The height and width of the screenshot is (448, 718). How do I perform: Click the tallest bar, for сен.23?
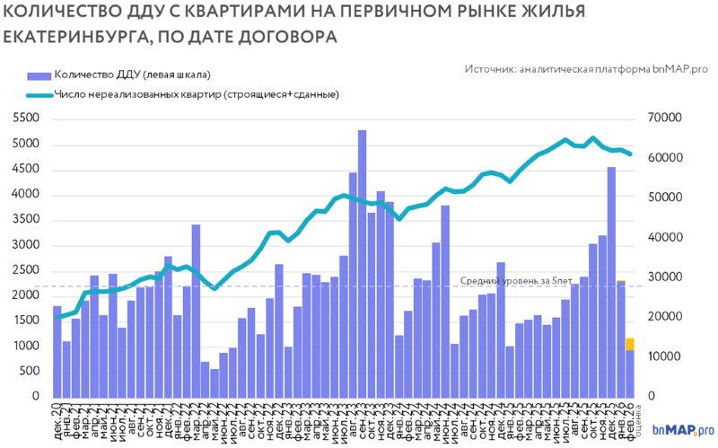coord(362,265)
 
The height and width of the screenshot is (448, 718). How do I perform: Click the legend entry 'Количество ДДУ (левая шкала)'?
coord(131,75)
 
